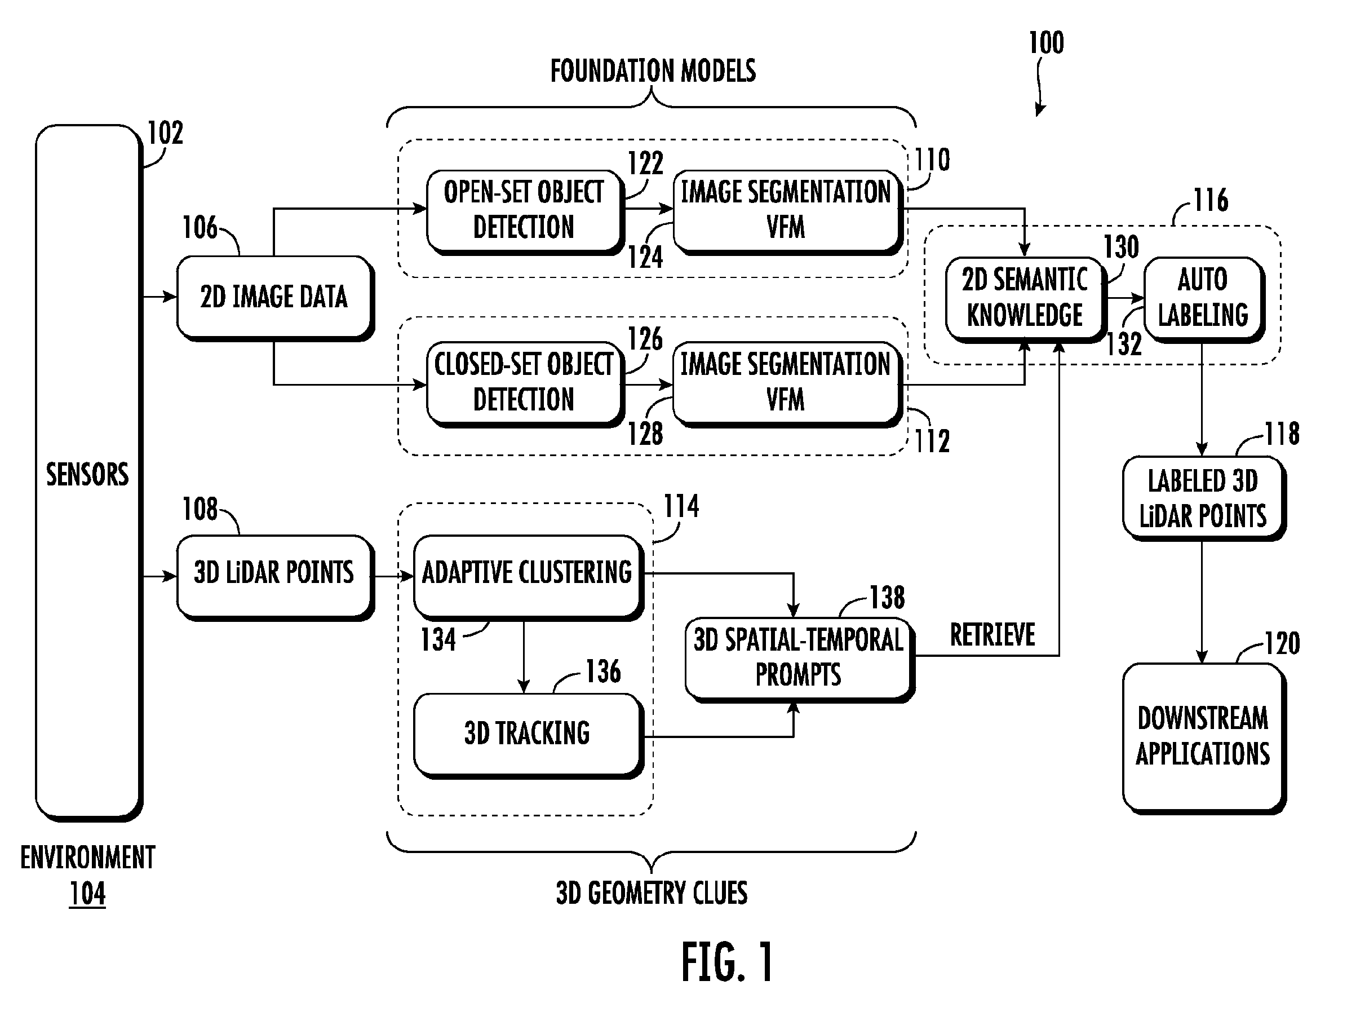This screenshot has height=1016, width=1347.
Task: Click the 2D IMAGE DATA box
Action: [275, 298]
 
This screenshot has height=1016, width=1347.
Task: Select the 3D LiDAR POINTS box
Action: [275, 577]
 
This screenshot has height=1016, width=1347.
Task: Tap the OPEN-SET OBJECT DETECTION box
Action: [525, 211]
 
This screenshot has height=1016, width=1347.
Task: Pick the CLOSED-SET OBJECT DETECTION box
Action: [525, 384]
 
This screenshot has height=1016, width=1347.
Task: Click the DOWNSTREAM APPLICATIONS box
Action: [1204, 738]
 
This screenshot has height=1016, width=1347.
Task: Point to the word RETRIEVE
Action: [992, 635]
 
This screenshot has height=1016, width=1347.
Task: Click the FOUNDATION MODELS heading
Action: [653, 70]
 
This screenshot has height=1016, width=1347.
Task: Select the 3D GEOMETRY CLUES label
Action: [652, 893]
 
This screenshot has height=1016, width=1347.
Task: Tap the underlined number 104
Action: [87, 894]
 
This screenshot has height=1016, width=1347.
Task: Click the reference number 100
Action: [1046, 43]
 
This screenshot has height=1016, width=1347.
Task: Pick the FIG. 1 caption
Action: [728, 962]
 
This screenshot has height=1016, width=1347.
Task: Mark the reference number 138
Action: [887, 598]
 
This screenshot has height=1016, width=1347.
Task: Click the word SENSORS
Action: [88, 475]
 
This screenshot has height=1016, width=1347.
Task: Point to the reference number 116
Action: [1211, 200]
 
